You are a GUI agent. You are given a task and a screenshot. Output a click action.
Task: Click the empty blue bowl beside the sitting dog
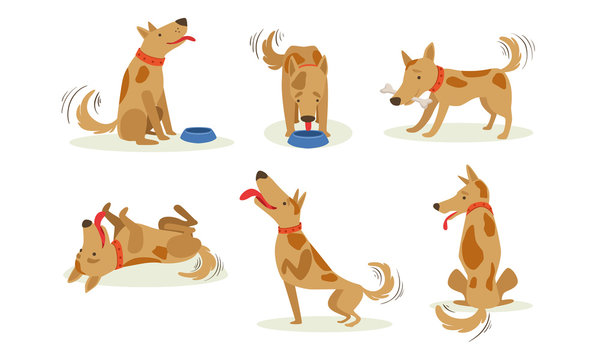click(198, 134)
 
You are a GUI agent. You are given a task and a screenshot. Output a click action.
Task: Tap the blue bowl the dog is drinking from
click(307, 139)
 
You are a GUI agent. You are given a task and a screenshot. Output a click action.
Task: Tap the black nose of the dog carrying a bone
click(396, 101)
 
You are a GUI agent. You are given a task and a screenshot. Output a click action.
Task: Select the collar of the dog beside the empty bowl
click(150, 57)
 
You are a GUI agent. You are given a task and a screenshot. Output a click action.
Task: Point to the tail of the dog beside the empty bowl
click(89, 114)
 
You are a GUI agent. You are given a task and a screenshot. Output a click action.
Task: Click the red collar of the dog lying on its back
click(117, 253)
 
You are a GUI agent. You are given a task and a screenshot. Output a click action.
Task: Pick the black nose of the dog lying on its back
click(87, 224)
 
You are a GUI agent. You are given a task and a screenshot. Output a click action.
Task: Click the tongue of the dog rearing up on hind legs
click(250, 194)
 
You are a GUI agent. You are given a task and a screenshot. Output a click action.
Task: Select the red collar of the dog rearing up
click(290, 229)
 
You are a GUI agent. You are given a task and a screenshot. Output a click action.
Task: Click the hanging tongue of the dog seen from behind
click(447, 220)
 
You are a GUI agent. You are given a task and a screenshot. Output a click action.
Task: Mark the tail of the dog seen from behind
click(460, 319)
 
